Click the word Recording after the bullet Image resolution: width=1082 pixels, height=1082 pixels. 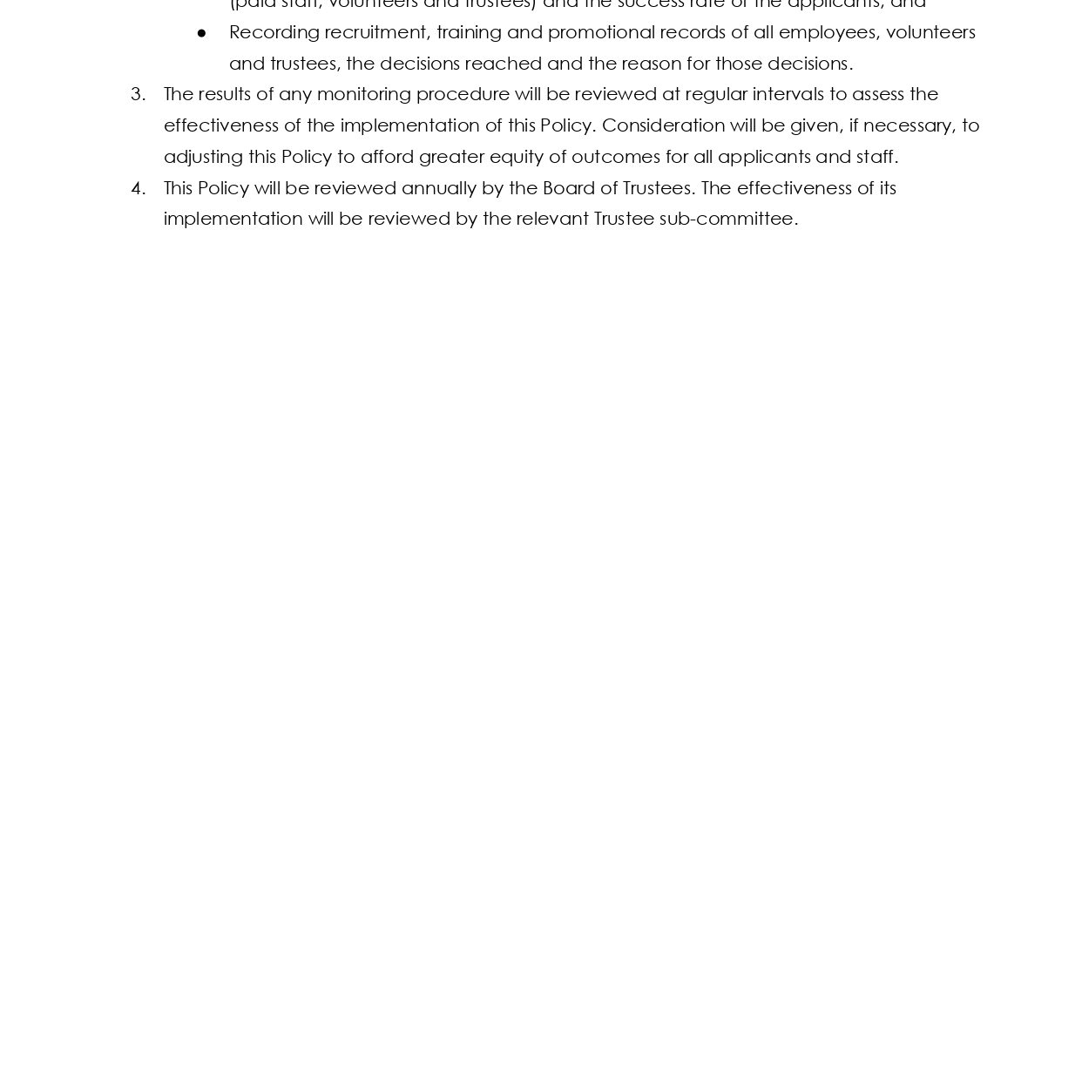274,33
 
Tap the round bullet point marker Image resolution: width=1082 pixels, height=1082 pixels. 202,33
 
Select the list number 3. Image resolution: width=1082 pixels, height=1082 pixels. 138,94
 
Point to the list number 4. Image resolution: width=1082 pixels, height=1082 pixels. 138,188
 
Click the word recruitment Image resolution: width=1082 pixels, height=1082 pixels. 376,33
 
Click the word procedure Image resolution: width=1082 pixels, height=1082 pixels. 463,94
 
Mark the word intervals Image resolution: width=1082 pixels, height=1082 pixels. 788,94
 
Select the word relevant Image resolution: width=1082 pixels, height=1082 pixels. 552,219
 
